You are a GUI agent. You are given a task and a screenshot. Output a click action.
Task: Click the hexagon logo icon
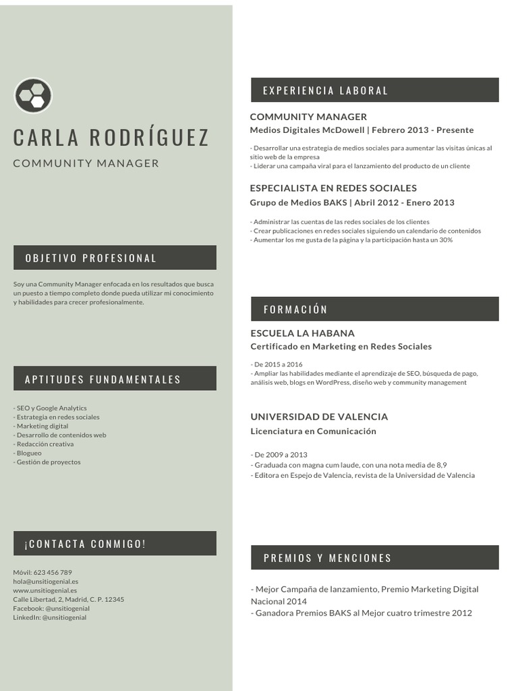point(33,95)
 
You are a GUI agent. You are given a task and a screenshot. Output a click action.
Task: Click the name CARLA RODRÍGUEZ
point(111,137)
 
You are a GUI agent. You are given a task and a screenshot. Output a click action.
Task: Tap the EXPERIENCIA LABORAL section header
point(374,90)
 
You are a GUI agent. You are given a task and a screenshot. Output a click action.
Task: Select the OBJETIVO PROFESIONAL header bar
point(115,258)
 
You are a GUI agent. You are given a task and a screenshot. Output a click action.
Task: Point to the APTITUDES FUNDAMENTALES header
point(115,379)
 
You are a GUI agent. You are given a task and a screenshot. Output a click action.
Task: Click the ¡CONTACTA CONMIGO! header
point(115,544)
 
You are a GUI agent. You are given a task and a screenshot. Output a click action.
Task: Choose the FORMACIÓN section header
point(374,309)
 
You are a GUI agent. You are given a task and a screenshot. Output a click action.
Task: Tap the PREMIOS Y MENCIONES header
point(374,557)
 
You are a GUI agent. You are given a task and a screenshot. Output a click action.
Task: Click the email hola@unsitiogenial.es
point(45,581)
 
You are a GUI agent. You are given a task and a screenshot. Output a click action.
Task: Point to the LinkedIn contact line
point(50,617)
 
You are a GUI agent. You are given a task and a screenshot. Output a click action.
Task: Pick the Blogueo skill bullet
point(28,453)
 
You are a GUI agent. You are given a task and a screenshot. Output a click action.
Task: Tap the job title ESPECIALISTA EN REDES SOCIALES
point(333,188)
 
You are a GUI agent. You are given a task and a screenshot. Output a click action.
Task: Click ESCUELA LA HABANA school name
point(302,333)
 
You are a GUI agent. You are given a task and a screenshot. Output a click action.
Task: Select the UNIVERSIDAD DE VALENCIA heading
point(319,416)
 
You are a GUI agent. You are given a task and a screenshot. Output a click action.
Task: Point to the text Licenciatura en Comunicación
point(313,431)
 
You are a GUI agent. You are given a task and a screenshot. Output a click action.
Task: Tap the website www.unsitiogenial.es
point(45,590)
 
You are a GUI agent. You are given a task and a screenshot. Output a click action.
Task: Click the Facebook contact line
point(51,608)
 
